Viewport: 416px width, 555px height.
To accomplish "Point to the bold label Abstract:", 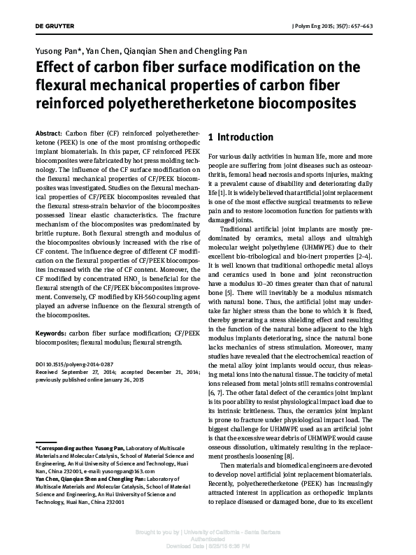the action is tap(48, 132).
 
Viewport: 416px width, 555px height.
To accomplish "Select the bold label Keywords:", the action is tap(52, 335).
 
